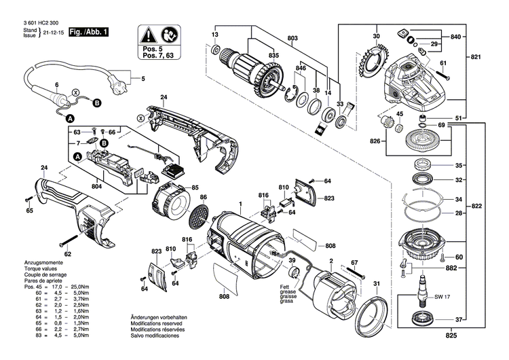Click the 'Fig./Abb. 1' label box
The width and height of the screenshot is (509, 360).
[x=88, y=32]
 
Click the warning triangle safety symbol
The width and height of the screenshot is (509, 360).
[x=147, y=33]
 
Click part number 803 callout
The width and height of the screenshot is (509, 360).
[x=293, y=37]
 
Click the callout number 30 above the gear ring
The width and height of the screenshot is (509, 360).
[x=376, y=35]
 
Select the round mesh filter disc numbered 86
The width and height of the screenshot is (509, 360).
[x=197, y=215]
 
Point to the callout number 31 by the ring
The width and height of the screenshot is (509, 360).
[x=378, y=283]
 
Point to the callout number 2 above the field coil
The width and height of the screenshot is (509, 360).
[x=331, y=261]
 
